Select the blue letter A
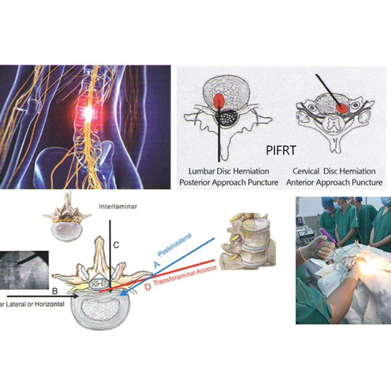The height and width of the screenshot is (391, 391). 155,265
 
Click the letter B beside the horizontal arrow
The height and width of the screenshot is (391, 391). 55,288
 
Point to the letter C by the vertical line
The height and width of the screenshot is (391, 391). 117,243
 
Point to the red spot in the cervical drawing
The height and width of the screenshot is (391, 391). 343,106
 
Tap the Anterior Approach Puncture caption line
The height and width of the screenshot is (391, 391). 337,182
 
